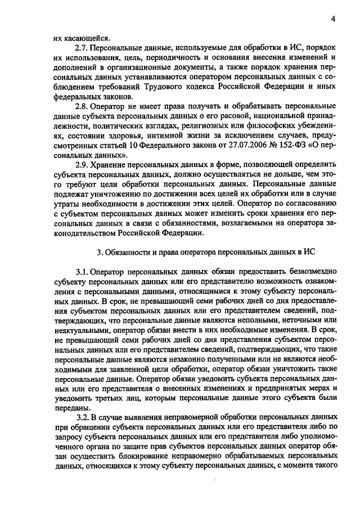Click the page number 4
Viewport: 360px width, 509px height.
point(333,20)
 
